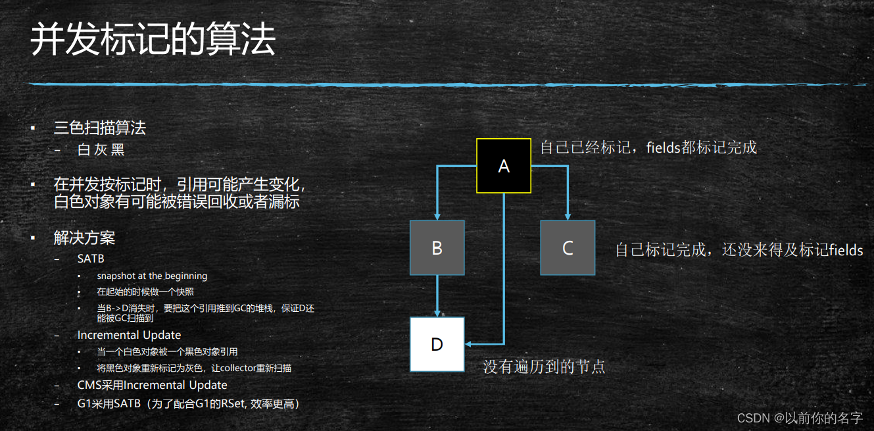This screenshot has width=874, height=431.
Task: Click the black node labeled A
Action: pos(503,166)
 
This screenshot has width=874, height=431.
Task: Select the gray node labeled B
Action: pos(437,247)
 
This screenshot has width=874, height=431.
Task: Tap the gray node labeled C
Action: pos(568,247)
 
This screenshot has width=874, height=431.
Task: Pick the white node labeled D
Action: pos(437,343)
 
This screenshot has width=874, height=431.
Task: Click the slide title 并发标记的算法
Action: pos(153,41)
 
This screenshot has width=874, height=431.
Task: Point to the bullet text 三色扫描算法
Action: pos(100,128)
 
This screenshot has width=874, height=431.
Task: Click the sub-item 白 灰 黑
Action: pos(101,149)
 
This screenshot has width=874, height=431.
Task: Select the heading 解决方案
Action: pos(85,238)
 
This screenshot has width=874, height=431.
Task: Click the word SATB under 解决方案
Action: pos(91,259)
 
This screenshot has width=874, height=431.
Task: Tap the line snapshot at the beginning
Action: pos(152,276)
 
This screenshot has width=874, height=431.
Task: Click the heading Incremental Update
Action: pos(129,335)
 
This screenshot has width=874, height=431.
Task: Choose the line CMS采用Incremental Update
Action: pos(152,385)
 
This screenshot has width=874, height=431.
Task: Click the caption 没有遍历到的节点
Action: pos(545,367)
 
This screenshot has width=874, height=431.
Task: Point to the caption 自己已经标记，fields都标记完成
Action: pos(648,147)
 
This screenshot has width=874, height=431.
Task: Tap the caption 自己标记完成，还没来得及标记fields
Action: pos(739,250)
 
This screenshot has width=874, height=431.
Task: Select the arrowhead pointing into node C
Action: pos(568,215)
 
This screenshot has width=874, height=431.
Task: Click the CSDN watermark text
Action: pos(800,418)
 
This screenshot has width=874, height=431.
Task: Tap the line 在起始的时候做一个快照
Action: pos(145,292)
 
